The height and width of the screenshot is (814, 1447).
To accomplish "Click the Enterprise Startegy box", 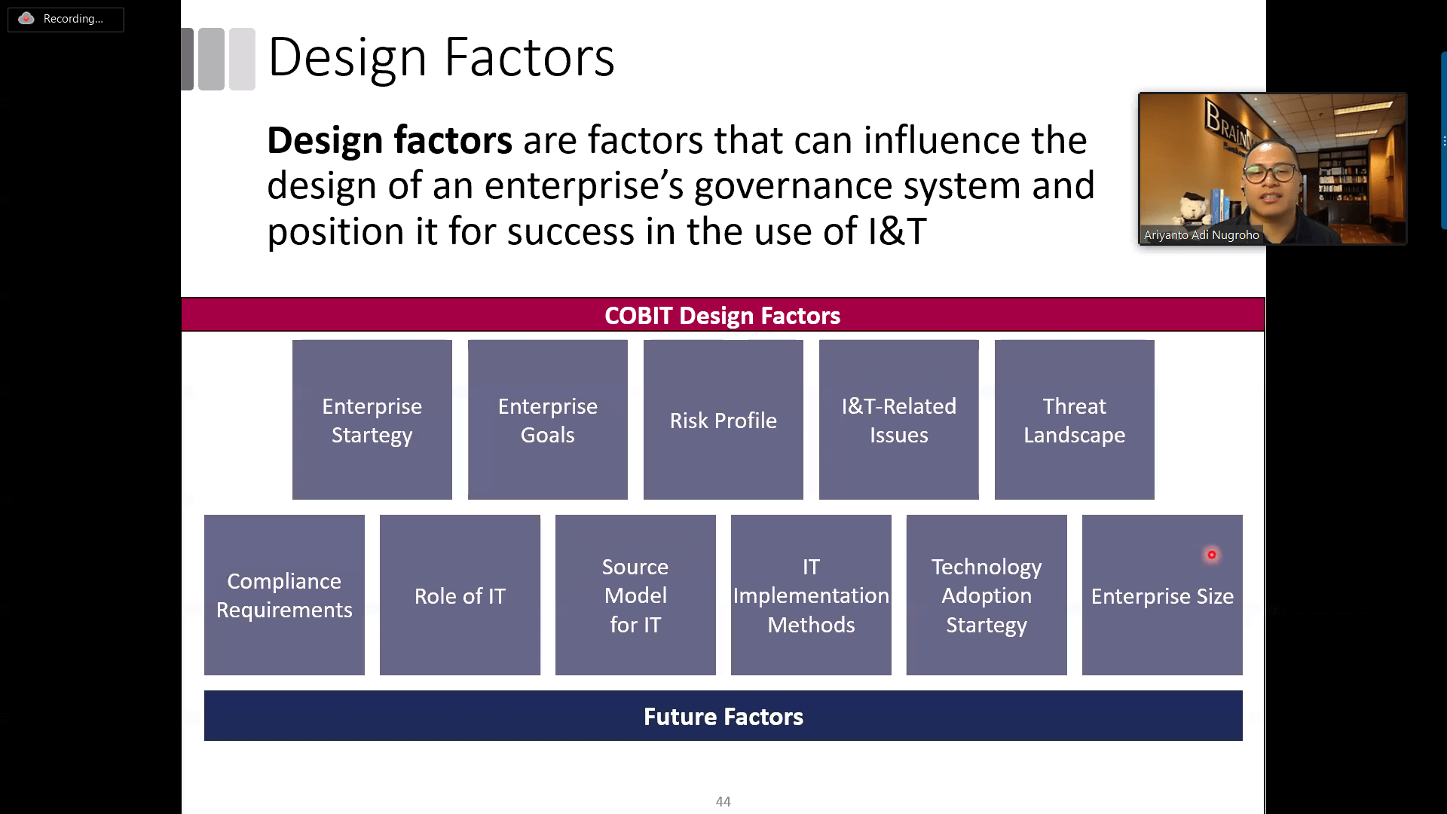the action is pos(372,420).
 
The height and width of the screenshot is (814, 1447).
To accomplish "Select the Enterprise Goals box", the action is pos(548,420).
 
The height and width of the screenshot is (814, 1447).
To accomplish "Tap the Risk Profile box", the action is pos(723,420).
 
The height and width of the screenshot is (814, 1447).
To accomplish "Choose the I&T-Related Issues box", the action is pos(899,420).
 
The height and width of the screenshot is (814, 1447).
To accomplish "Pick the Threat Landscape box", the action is pos(1075,420).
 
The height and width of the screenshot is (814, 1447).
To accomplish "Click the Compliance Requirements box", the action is pos(284,595).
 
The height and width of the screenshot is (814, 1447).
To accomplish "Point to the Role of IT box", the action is pos(460,595).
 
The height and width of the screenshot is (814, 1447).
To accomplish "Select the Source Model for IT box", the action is pos(635,595).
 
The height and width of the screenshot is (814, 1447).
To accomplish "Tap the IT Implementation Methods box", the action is pos(811,595).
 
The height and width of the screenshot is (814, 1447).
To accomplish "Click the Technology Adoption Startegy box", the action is pos(987,595).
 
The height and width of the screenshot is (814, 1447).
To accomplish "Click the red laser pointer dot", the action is pos(1212,555).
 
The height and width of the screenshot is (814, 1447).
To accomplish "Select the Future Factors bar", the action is pos(723,716).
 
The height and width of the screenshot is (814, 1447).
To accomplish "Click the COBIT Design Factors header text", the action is pos(722,316).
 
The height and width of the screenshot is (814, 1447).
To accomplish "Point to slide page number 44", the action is pos(723,802).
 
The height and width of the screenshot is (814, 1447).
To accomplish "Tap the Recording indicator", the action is pos(66,19).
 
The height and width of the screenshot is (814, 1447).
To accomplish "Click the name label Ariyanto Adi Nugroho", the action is pos(1201,235).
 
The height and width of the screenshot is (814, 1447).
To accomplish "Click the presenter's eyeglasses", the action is pos(1271,173).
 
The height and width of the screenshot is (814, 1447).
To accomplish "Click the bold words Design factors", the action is pos(390,140).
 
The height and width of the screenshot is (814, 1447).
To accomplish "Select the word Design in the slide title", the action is pos(347,58).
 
